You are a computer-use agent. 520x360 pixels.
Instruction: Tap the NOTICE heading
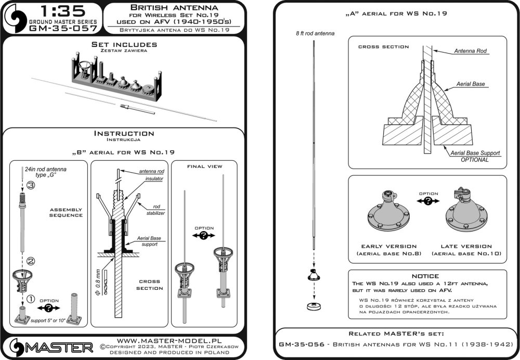click(425, 276)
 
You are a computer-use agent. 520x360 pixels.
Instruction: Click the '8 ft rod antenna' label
click(314, 33)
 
